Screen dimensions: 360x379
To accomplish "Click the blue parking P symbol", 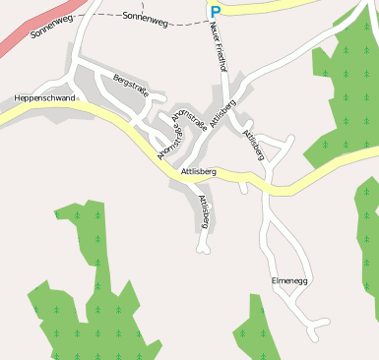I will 215,12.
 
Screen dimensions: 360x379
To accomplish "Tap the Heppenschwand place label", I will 44,98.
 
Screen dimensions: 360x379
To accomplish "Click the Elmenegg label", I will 289,282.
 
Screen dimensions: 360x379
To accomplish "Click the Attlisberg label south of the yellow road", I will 204,211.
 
